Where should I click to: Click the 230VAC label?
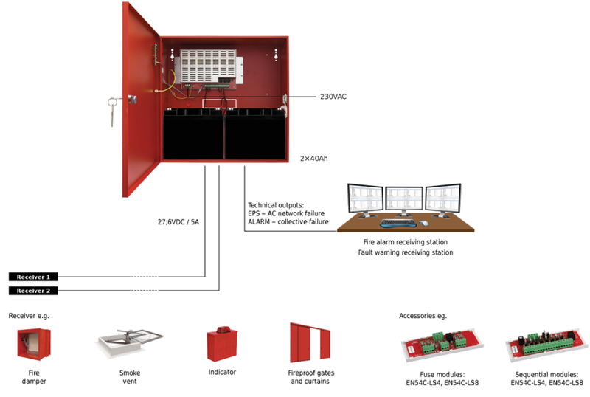(333, 96)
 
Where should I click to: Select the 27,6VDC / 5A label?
(178, 221)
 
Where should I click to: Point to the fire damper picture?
(33, 343)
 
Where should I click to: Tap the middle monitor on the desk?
(403, 199)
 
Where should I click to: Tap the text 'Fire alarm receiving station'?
(405, 242)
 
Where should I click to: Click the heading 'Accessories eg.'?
(423, 316)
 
